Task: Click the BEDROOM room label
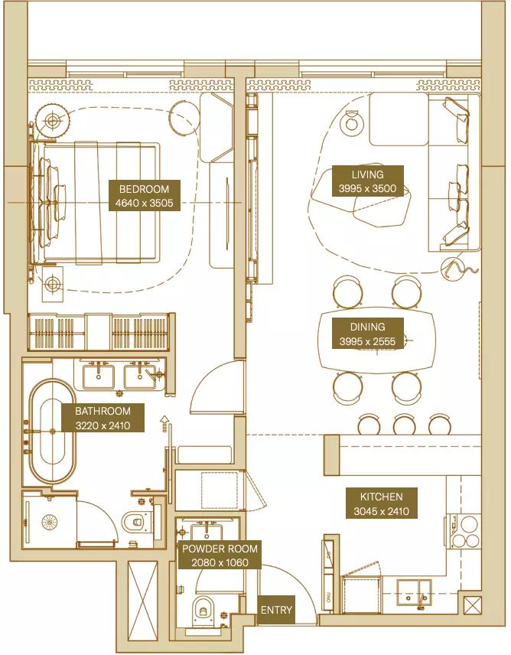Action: [x=145, y=195]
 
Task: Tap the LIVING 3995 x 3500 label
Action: [x=367, y=181]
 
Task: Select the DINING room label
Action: [x=367, y=334]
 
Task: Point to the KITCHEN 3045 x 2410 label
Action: [x=381, y=503]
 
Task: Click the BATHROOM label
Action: [x=103, y=418]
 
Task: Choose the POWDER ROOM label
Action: [x=220, y=556]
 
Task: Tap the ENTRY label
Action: [x=276, y=610]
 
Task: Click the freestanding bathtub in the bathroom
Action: [x=53, y=431]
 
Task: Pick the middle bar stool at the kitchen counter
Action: [x=404, y=425]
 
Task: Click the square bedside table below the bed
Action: [x=53, y=284]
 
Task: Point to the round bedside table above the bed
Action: [x=52, y=121]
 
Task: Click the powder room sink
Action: [x=207, y=531]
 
